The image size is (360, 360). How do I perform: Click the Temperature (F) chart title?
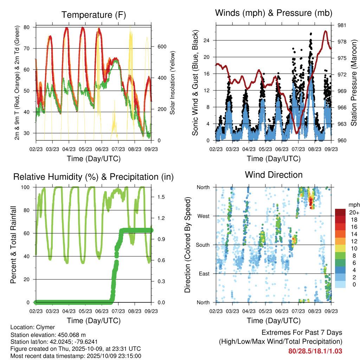click(94, 15)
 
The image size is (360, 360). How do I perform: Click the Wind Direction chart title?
click(274, 175)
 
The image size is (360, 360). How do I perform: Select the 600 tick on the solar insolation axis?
click(161, 47)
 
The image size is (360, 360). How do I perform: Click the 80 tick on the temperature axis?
click(30, 27)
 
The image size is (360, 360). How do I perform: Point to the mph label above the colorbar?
click(354, 205)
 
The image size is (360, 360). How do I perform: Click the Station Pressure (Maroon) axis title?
click(354, 83)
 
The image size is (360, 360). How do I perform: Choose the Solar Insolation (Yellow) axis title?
click(173, 83)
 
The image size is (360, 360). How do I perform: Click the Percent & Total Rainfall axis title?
click(13, 245)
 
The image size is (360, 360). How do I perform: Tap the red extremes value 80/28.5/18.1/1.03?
click(315, 351)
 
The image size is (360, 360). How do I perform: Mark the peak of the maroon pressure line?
click(326, 31)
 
